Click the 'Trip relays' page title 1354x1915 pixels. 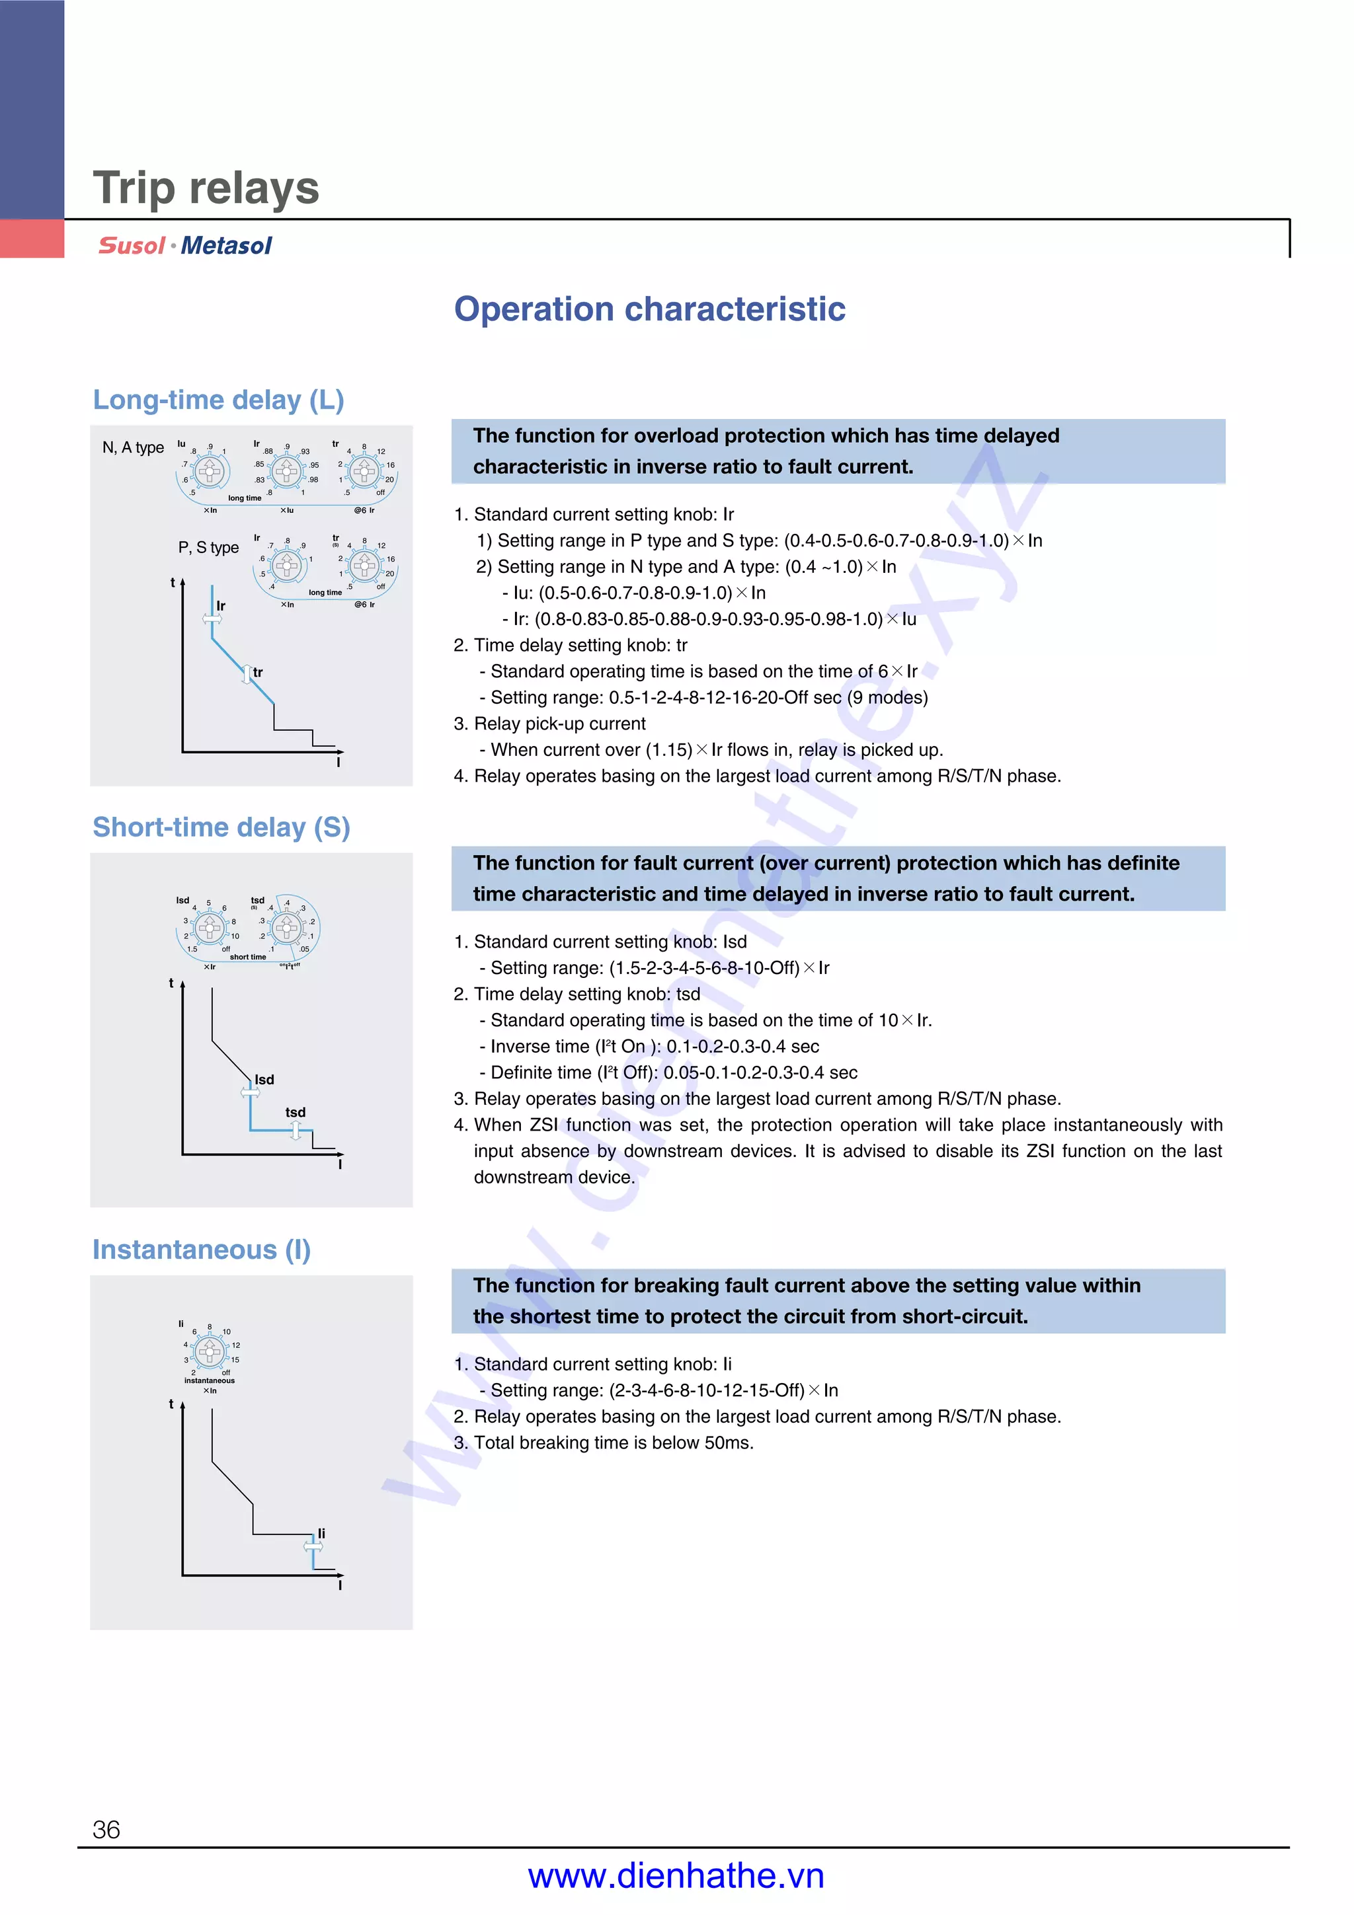pyautogui.click(x=205, y=188)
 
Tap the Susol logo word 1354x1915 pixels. pyautogui.click(x=131, y=246)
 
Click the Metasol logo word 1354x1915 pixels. pyautogui.click(x=226, y=246)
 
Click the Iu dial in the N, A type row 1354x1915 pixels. pyautogui.click(x=210, y=471)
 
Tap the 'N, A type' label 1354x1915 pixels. pyautogui.click(x=133, y=448)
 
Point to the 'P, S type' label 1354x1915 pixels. pyautogui.click(x=208, y=548)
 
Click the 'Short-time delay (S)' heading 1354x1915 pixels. pyautogui.click(x=221, y=827)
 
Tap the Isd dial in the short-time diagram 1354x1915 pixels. pyautogui.click(x=210, y=928)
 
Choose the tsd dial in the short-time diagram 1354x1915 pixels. pyautogui.click(x=286, y=928)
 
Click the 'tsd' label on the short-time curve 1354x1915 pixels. pyautogui.click(x=296, y=1113)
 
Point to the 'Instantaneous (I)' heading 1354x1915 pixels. pyautogui.click(x=201, y=1250)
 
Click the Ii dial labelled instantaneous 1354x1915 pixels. pyautogui.click(x=210, y=1351)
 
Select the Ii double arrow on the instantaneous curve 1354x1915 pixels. pyautogui.click(x=313, y=1546)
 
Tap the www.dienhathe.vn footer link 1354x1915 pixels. pyautogui.click(x=676, y=1876)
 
